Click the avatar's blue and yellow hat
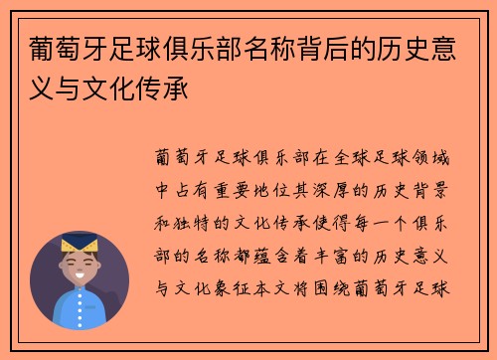(x=79, y=245)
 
